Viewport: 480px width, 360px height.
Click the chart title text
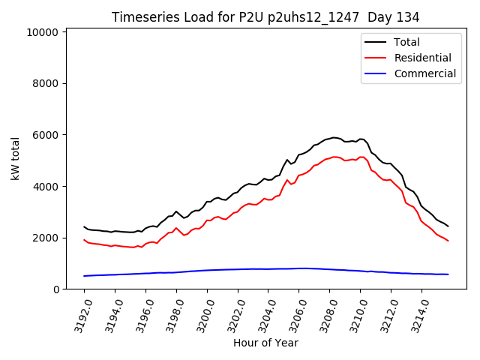coord(265,17)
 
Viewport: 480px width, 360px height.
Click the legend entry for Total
coord(406,43)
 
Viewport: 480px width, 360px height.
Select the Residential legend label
coord(422,58)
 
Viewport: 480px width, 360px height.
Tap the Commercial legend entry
coord(424,73)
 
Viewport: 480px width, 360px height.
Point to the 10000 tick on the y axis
coord(43,32)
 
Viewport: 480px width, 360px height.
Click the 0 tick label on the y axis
coord(56,289)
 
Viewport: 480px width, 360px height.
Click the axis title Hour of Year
coord(265,343)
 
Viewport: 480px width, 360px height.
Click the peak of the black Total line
coord(334,137)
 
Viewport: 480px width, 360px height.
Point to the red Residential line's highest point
coord(334,157)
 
